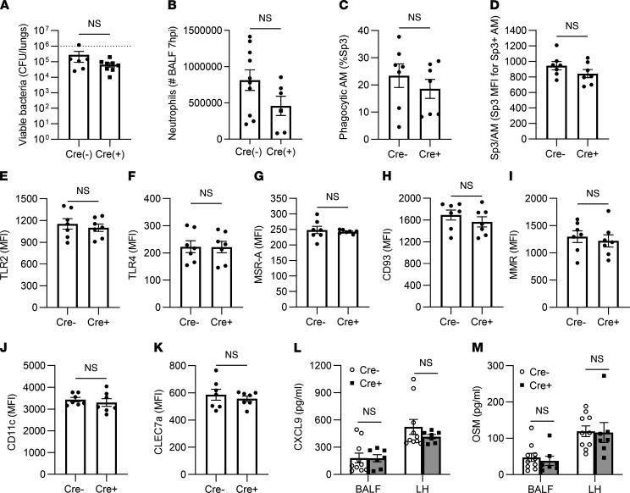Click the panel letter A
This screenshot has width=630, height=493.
[x=7, y=8]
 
